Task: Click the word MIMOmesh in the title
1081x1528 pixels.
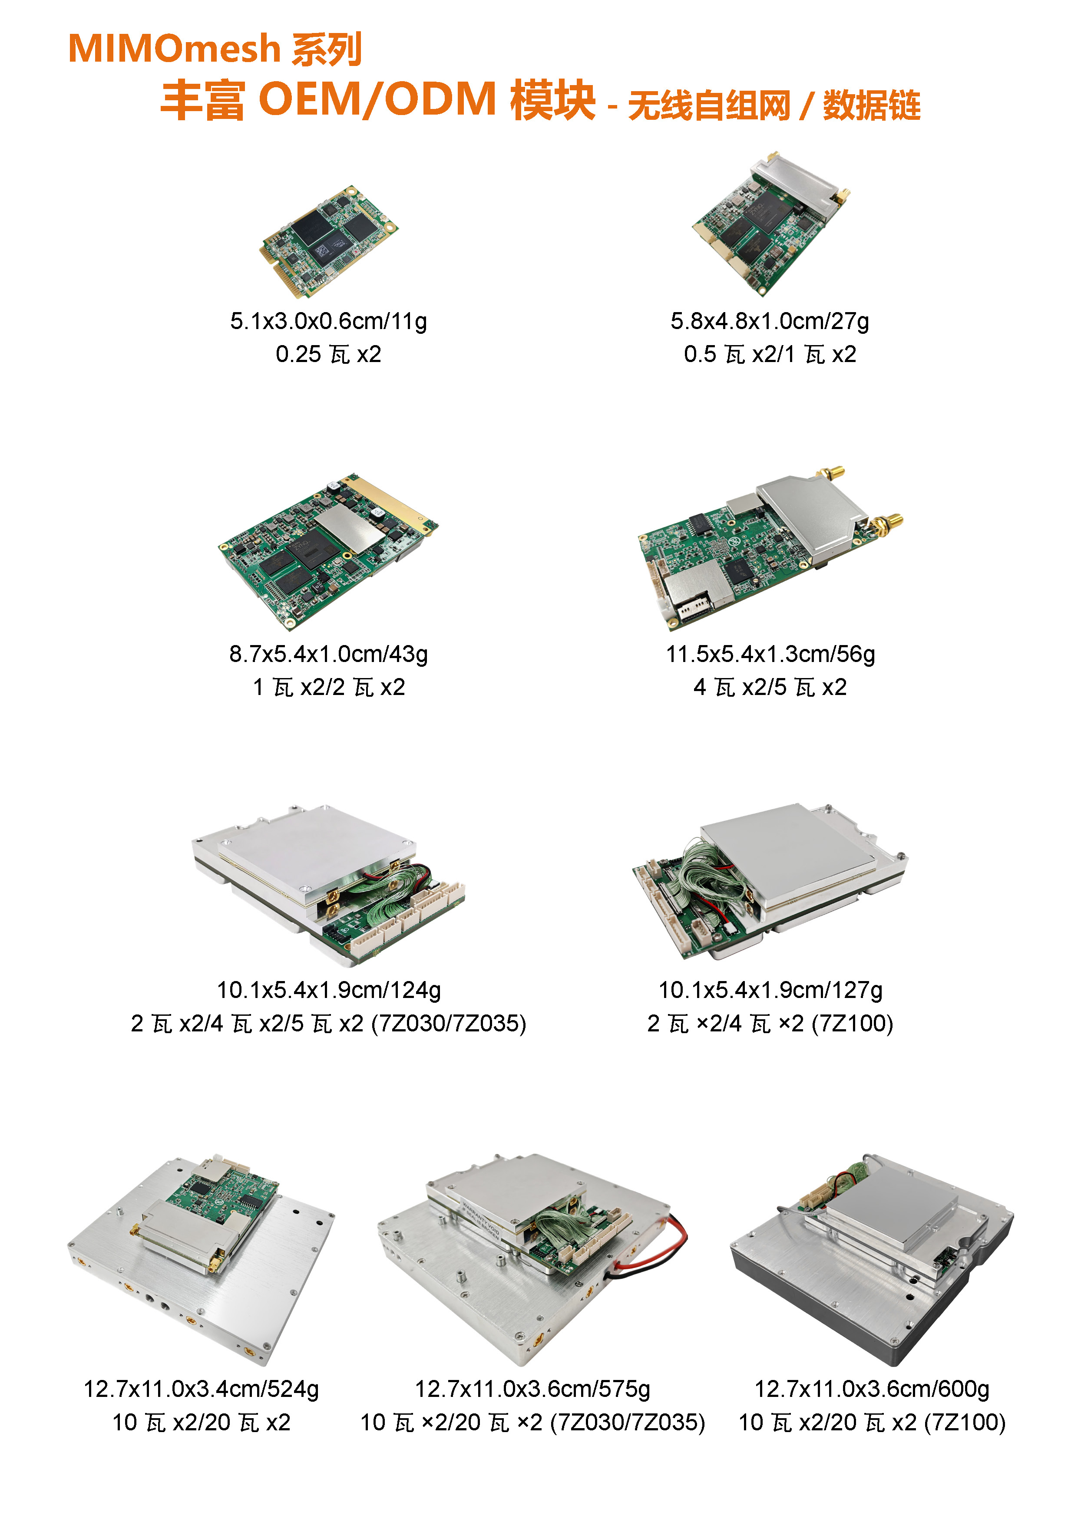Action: [x=175, y=49]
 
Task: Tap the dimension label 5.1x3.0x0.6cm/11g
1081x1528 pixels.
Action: [x=328, y=321]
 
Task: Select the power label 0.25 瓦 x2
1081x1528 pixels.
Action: [x=328, y=354]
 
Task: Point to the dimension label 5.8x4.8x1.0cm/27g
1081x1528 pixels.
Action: [x=770, y=321]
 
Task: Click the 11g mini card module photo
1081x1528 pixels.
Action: [x=328, y=241]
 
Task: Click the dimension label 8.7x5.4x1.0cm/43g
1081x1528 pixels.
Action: [x=328, y=654]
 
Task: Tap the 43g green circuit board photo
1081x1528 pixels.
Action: [x=328, y=551]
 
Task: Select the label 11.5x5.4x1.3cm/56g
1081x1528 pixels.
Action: [x=770, y=654]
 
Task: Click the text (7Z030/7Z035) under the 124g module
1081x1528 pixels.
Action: [x=449, y=1024]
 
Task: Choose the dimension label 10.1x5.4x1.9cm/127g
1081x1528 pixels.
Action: [x=770, y=990]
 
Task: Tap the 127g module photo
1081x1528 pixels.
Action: [x=770, y=879]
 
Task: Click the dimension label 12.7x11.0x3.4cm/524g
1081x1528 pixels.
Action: [x=201, y=1389]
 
